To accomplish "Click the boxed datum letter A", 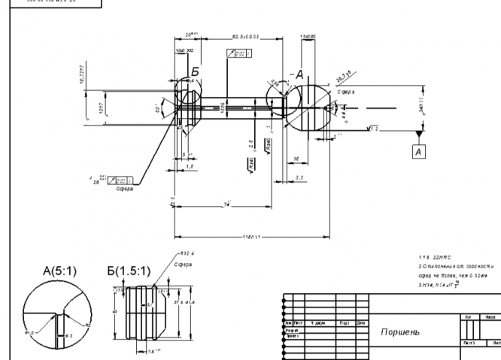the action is pyautogui.click(x=418, y=151).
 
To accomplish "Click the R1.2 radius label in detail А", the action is pyautogui.click(x=30, y=328).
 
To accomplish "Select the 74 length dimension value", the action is pyautogui.click(x=226, y=204).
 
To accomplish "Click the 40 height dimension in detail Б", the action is pyautogui.click(x=114, y=307).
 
